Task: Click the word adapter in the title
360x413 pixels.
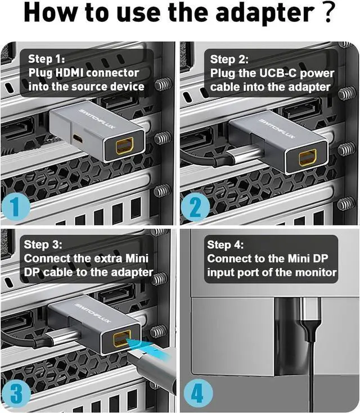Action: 265,13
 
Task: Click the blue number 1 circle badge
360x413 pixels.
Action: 16,207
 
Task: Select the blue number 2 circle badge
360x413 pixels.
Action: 195,207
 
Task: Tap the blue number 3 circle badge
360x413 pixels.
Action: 16,394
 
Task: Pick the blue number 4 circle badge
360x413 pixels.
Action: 198,393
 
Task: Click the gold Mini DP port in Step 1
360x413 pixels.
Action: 125,146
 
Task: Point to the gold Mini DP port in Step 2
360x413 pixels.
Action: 308,157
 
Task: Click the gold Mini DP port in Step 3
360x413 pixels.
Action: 122,338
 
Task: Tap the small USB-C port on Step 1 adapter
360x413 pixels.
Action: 78,139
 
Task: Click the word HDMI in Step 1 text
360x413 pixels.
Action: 69,73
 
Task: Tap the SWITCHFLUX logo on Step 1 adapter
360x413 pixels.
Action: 97,119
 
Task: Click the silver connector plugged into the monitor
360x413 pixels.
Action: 311,310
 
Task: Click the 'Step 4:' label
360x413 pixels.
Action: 225,244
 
